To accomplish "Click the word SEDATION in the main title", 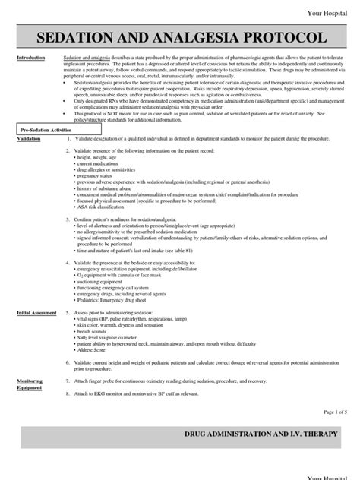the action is (73, 38).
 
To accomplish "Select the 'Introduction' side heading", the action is (33, 58).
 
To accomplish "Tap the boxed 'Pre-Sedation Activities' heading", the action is (46, 131).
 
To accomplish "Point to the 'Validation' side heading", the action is (29, 140).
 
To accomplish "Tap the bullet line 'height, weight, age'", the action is (98, 158).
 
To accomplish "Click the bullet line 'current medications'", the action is (99, 164).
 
